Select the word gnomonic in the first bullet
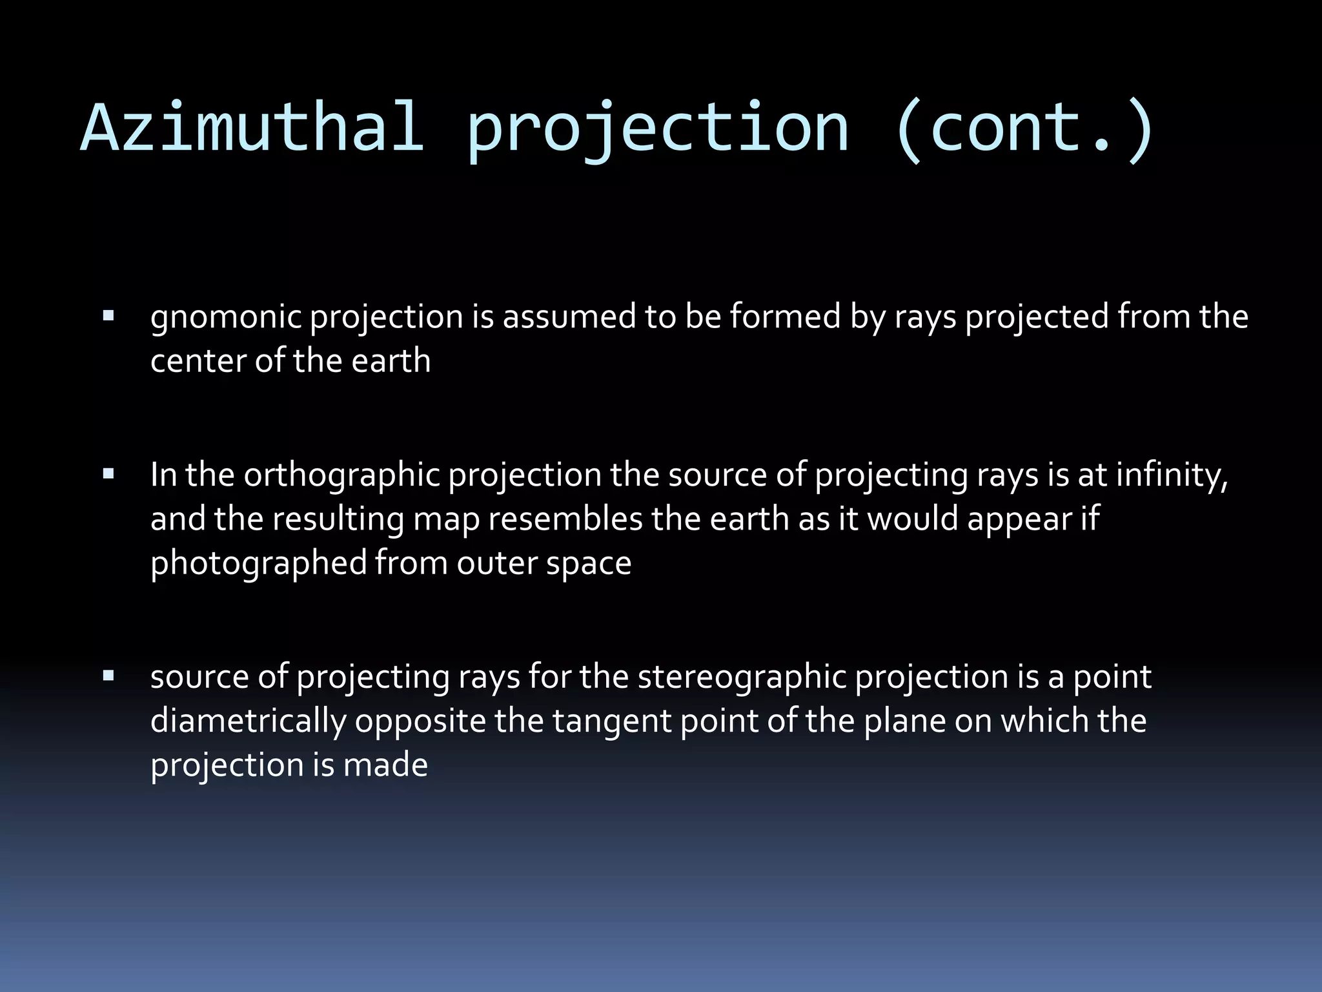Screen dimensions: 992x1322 point(225,318)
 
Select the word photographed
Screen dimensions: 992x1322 point(258,564)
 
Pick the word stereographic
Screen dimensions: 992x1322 point(742,678)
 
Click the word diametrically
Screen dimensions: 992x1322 point(249,721)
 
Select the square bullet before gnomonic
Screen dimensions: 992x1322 point(108,316)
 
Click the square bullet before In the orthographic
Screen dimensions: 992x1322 point(108,475)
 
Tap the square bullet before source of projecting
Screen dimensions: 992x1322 point(108,677)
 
